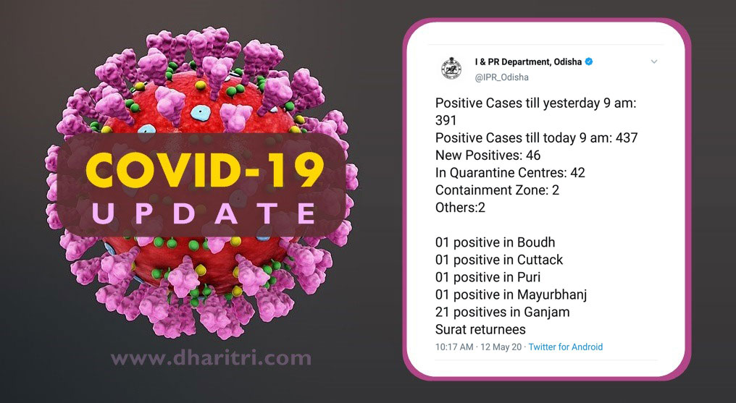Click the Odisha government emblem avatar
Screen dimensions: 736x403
[451, 69]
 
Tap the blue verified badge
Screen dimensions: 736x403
[589, 61]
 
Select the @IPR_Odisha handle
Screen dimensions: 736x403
[502, 77]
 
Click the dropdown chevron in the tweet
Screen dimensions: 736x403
[654, 61]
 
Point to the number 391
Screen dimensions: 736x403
[446, 120]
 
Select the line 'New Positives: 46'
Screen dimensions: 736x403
[488, 155]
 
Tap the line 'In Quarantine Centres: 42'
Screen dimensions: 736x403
[510, 172]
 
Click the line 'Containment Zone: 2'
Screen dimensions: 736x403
[497, 190]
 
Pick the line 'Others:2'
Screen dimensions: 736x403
[460, 207]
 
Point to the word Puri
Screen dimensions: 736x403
[529, 277]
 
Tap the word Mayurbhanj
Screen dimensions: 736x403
[552, 294]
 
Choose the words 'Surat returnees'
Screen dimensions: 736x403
[480, 329]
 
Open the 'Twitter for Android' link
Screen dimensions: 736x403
[566, 347]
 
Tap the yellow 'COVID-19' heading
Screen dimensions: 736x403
[205, 169]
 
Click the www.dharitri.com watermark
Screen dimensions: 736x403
[211, 358]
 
